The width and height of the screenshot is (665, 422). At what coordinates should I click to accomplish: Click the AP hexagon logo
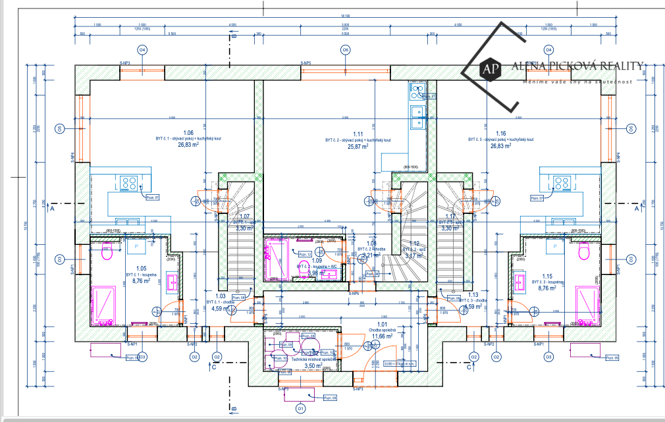(489, 67)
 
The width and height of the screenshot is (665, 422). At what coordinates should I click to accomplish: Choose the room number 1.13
(473, 295)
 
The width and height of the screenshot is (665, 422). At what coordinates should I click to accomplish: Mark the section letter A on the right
(637, 210)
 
